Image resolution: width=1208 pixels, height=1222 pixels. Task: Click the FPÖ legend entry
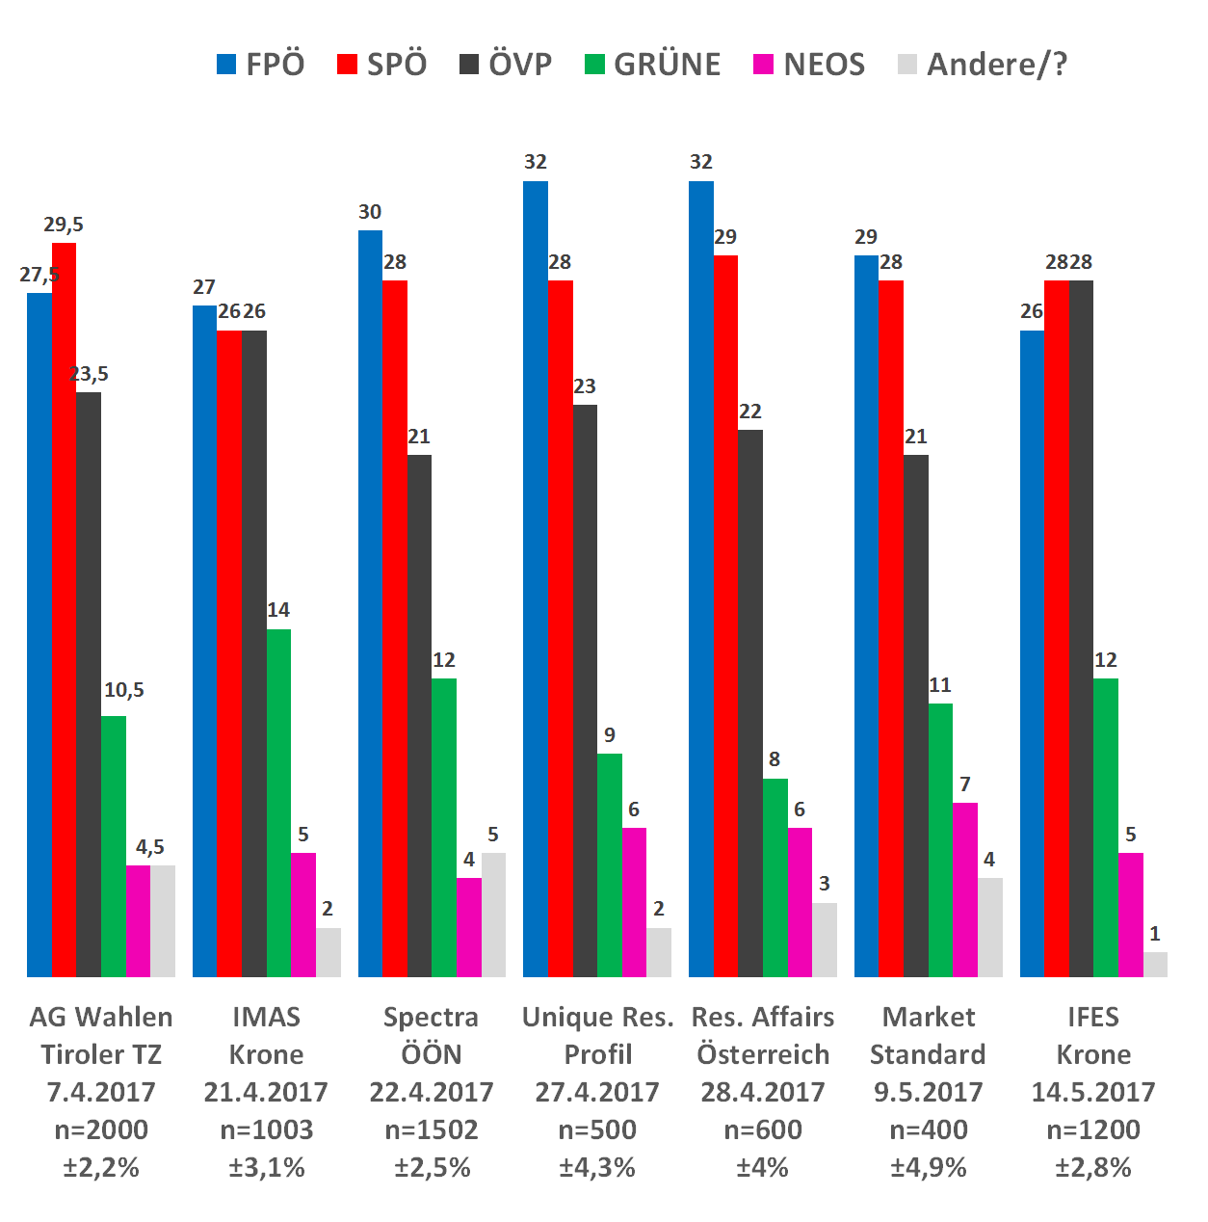[x=261, y=65]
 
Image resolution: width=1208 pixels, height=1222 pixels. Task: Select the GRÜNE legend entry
[x=653, y=65]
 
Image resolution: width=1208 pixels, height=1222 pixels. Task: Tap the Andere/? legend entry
[x=983, y=65]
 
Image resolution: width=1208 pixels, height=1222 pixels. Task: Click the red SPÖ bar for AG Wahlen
[x=64, y=607]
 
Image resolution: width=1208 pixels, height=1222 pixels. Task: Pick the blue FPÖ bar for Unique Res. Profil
[x=536, y=578]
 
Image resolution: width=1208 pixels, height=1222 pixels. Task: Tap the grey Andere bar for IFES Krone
[x=1155, y=964]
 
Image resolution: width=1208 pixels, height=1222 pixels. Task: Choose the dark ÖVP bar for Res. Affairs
[x=750, y=704]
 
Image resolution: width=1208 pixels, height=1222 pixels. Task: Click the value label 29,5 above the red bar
[x=64, y=225]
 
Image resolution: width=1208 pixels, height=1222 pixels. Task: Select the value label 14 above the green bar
[x=278, y=610]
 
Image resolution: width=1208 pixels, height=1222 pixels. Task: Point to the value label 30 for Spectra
[x=370, y=212]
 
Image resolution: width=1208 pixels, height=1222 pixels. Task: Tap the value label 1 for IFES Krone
[x=1155, y=934]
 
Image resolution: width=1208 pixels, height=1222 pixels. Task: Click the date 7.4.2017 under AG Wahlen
[x=101, y=1092]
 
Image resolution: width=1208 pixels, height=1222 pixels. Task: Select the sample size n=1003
[x=267, y=1129]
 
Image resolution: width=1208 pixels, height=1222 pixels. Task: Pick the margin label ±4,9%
[x=928, y=1167]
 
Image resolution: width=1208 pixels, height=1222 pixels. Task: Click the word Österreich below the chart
[x=763, y=1054]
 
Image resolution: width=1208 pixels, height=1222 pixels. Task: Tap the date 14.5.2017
[x=1093, y=1092]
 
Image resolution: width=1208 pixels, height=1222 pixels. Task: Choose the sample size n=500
[x=597, y=1129]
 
